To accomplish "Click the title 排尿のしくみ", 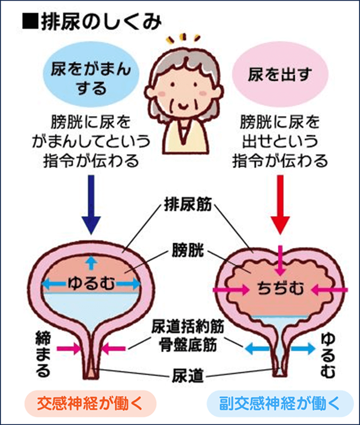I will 101,23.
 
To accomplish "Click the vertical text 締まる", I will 43,353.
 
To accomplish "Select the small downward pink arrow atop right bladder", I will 281,254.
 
